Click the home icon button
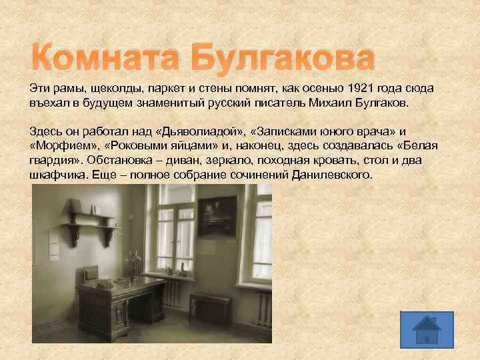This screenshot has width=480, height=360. [x=427, y=330]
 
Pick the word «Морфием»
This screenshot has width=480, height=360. [x=64, y=147]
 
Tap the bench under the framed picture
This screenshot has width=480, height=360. [x=209, y=304]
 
